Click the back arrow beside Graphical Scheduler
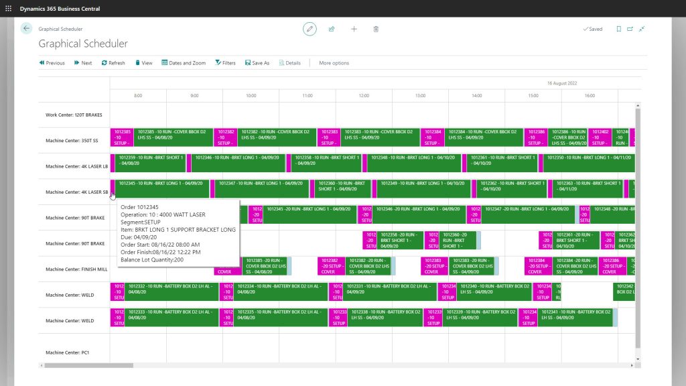click(x=27, y=29)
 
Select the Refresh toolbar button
click(x=113, y=63)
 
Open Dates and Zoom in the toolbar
click(x=184, y=63)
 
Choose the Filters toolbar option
click(x=225, y=63)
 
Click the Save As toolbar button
click(x=257, y=63)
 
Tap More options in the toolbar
click(x=334, y=63)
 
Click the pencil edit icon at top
click(x=310, y=29)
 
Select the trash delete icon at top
click(x=376, y=29)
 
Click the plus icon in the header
click(x=354, y=29)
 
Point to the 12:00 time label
click(x=364, y=96)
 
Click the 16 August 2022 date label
click(x=561, y=83)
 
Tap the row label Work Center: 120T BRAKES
click(x=74, y=115)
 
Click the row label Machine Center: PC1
click(x=68, y=352)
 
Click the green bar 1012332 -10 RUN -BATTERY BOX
click(x=171, y=289)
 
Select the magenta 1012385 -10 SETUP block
click(x=123, y=137)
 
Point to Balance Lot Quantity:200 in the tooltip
click(x=152, y=259)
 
